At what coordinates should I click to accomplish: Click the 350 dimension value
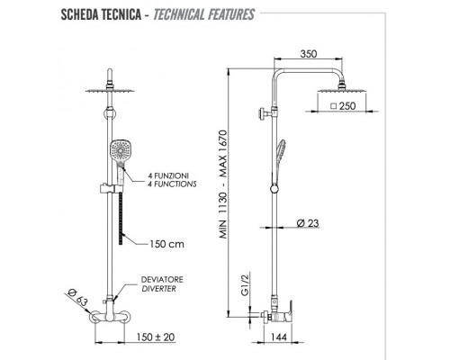click(x=309, y=54)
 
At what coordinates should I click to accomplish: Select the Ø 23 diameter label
click(x=308, y=223)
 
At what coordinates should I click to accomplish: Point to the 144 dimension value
click(x=279, y=337)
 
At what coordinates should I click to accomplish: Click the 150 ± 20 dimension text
click(x=156, y=337)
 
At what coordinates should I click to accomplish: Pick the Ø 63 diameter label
click(x=77, y=297)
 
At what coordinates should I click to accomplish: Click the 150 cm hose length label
click(x=166, y=244)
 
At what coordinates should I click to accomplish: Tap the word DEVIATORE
click(x=162, y=280)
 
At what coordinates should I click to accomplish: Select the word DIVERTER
click(x=158, y=289)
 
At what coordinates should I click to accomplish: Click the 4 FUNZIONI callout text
click(x=168, y=175)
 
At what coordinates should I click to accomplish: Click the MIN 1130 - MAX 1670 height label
click(x=223, y=184)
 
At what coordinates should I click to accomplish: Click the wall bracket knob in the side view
click(x=264, y=114)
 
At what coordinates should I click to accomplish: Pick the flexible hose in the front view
click(x=121, y=219)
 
